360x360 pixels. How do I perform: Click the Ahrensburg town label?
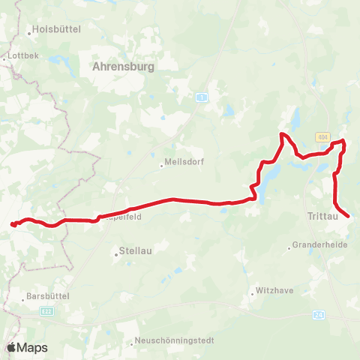tap(123, 67)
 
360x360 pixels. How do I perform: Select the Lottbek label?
tap(20, 56)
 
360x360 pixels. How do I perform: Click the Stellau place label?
tap(136, 252)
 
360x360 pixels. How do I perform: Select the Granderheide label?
tap(318, 245)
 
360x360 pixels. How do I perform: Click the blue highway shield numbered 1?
tap(202, 97)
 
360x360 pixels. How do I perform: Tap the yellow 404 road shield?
tap(322, 137)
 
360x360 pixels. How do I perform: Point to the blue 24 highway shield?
tap(319, 314)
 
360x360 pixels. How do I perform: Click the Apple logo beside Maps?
tap(11, 347)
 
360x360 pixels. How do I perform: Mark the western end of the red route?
tap(12, 223)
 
